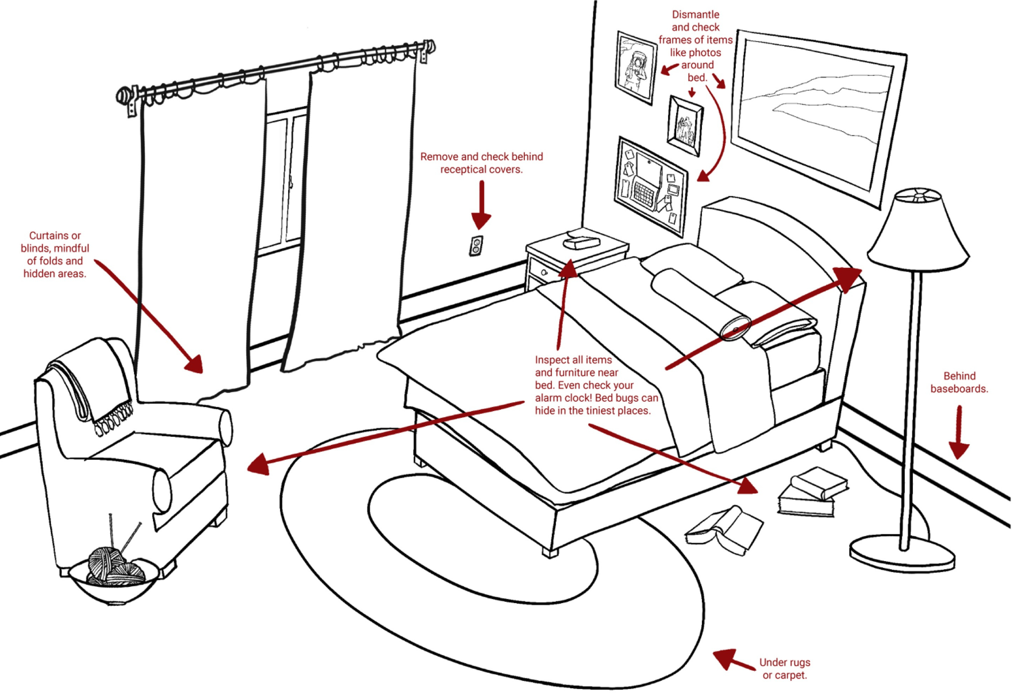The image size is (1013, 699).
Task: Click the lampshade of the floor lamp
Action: (x=918, y=232)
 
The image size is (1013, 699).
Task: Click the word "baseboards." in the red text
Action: (x=959, y=389)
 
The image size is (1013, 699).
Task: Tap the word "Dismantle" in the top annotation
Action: (x=695, y=14)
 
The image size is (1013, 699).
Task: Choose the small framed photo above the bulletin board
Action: (x=684, y=125)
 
